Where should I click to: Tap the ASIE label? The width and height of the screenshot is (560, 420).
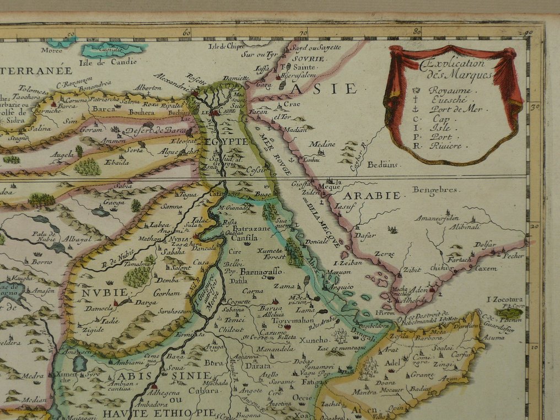click(324, 88)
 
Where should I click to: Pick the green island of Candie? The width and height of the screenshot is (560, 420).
click(112, 50)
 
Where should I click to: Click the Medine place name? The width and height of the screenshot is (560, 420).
click(322, 144)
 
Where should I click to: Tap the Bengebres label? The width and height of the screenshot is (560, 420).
click(435, 190)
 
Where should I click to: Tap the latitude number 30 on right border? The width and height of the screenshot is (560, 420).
click(534, 107)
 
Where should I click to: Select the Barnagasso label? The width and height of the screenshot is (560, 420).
click(261, 271)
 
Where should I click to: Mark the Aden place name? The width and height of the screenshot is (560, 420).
click(421, 289)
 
